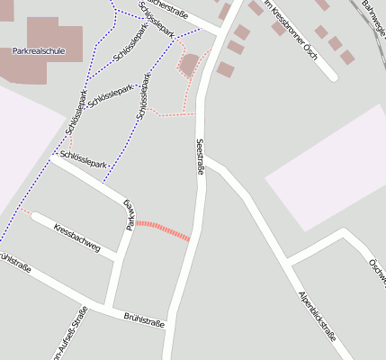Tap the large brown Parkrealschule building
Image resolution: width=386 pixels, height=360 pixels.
tap(54, 34)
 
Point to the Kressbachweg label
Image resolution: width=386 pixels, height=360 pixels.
tap(76, 236)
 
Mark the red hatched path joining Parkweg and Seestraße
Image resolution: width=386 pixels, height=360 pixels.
tap(163, 229)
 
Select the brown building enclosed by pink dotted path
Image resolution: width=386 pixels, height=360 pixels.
tap(190, 64)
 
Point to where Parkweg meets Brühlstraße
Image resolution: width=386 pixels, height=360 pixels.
tap(108, 306)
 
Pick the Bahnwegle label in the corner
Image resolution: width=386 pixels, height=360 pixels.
tap(373, 13)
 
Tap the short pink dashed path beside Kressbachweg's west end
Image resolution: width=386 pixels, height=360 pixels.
tap(26, 211)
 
